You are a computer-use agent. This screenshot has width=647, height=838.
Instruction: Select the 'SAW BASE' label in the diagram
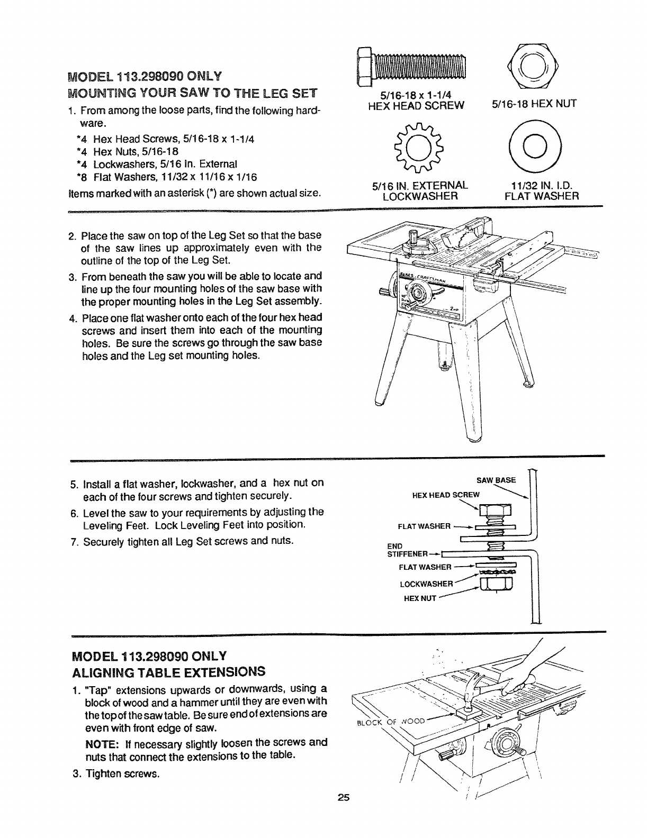click(x=496, y=480)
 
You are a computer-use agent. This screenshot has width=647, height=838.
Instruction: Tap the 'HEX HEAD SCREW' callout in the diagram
click(x=445, y=495)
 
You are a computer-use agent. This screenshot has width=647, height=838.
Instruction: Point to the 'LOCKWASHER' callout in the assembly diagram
click(x=427, y=584)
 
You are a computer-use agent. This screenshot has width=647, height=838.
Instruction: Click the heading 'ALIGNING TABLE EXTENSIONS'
click(x=168, y=672)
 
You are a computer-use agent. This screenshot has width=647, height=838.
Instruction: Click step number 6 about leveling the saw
click(x=74, y=512)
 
